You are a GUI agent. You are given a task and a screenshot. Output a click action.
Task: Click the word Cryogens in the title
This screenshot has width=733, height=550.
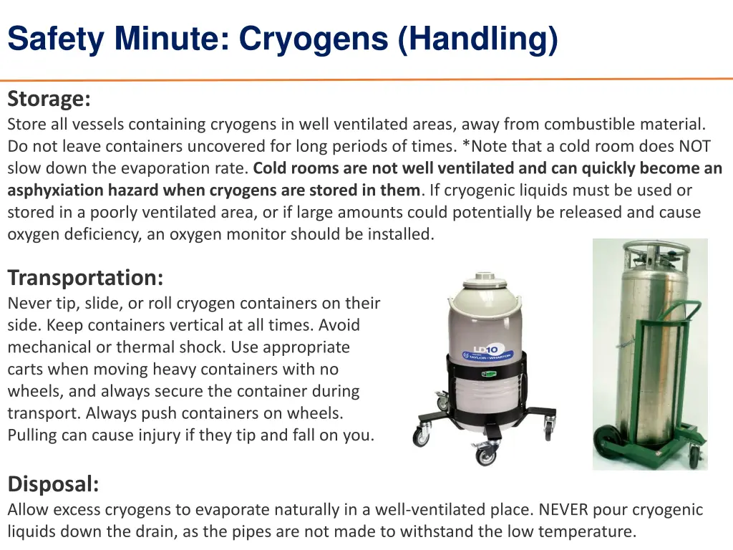pos(314,39)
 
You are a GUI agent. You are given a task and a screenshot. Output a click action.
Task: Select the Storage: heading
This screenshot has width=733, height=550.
pos(49,99)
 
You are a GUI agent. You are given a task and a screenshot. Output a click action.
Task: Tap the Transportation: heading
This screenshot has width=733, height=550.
pos(86,277)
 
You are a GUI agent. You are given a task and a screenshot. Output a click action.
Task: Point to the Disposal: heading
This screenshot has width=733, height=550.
pos(53,483)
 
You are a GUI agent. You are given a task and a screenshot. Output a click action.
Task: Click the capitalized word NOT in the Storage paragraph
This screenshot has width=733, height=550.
pos(694,146)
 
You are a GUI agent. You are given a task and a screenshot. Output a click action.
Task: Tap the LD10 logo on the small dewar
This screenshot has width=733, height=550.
pos(486,349)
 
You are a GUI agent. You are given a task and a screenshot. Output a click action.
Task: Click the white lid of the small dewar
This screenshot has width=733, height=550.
pos(485,279)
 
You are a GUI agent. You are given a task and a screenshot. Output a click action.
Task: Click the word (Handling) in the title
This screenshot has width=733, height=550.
pos(477,39)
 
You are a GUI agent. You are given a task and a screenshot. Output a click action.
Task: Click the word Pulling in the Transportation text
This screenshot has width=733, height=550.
pos(31,435)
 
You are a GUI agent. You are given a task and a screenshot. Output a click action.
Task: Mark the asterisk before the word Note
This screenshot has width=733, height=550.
pos(466,144)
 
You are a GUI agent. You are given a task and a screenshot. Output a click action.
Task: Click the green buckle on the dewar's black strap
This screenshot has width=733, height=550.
pos(488,374)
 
